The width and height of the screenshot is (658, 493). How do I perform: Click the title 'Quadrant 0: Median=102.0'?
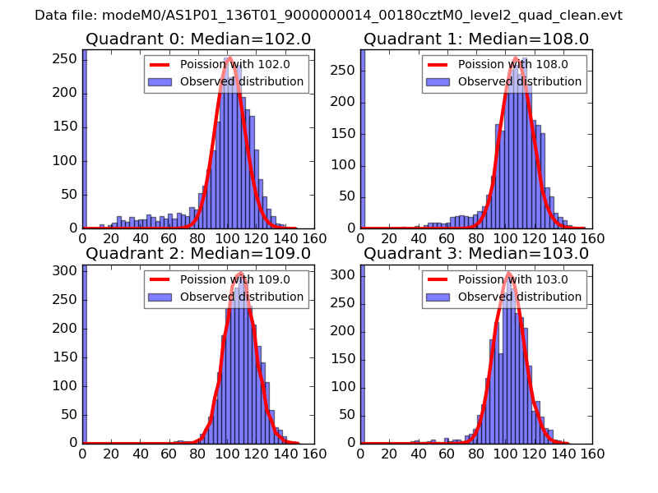coord(197,39)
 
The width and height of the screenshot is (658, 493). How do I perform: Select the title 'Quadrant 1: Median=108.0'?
coord(475,39)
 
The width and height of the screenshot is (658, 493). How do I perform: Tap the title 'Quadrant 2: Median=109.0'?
coord(197,253)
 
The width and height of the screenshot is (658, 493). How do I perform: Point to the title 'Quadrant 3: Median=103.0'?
coord(475,253)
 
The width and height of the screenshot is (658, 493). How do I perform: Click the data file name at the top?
coord(328,15)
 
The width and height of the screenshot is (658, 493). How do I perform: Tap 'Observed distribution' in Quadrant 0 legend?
coord(242,82)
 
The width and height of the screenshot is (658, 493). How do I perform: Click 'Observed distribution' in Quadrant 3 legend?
coord(520,297)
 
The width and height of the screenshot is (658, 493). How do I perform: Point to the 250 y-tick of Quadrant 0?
coord(66,60)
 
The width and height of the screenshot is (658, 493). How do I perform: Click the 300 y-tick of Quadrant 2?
coord(66,271)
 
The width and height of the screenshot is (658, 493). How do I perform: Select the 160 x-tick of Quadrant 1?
coord(591,238)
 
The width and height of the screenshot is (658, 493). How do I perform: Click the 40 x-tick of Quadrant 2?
coord(141,453)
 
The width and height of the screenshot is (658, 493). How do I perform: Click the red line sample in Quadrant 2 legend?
coord(160,279)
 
